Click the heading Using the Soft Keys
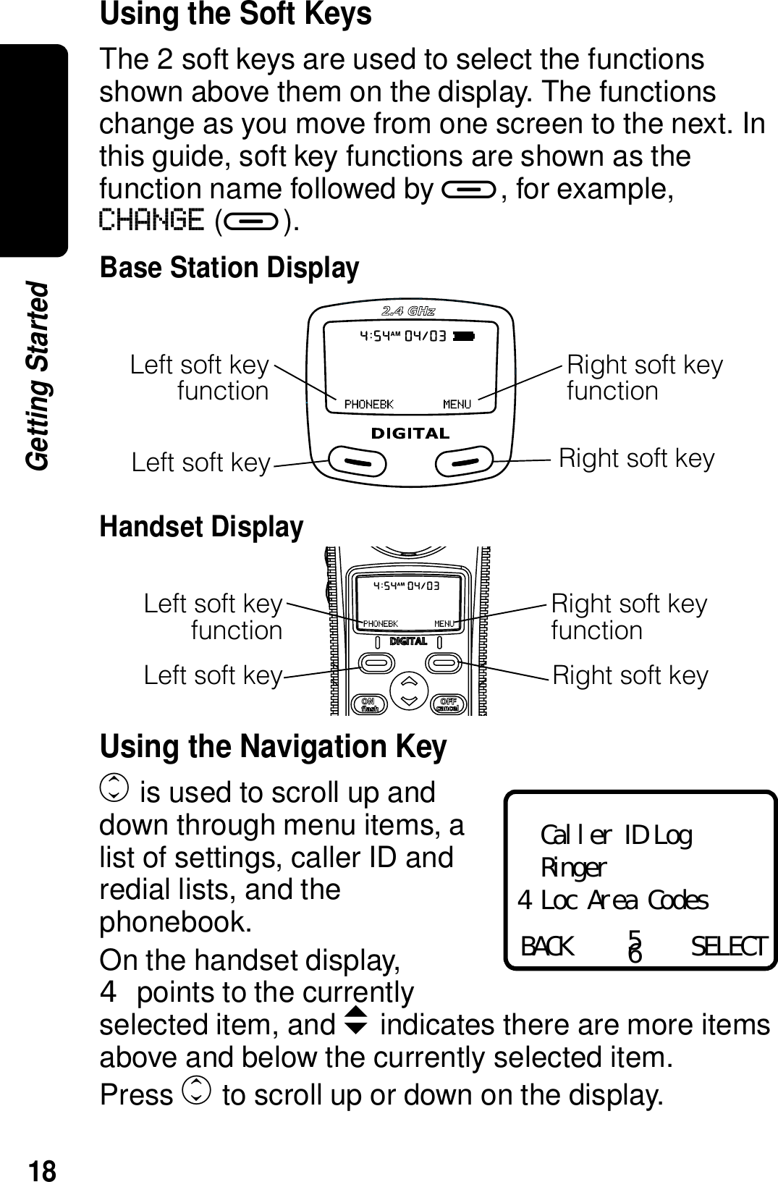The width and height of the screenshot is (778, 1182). (x=235, y=14)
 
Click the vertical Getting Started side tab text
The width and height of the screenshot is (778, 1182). (x=38, y=376)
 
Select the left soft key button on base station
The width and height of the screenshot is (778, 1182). (x=357, y=460)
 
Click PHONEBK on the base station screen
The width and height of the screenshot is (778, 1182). (x=368, y=404)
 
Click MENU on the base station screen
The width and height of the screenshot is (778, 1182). (x=457, y=404)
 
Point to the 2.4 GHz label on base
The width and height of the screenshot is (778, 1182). (x=408, y=311)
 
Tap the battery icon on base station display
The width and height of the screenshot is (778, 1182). (x=465, y=336)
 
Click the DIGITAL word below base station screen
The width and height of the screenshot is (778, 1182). (x=410, y=434)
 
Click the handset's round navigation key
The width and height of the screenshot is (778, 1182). (x=409, y=691)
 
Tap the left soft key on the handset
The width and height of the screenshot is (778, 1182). (x=374, y=661)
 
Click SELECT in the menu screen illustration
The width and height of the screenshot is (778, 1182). (x=727, y=946)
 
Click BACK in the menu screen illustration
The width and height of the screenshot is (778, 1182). (x=547, y=946)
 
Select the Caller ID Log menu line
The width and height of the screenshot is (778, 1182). (x=616, y=836)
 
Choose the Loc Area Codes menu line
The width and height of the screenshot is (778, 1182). (x=624, y=901)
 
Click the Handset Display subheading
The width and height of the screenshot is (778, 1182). (x=201, y=526)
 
